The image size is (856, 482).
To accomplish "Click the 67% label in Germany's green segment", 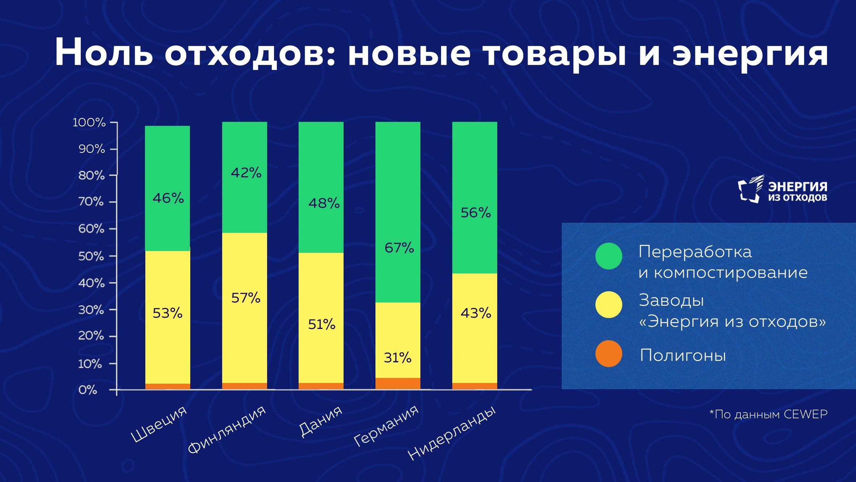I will [x=399, y=248].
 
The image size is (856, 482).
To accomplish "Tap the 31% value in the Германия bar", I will [x=398, y=358].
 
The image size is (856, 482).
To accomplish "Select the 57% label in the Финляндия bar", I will [x=246, y=298].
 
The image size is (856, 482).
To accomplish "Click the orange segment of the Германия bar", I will [x=398, y=383].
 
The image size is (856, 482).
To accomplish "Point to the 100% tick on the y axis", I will [x=89, y=123].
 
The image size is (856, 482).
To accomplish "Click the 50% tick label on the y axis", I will [x=91, y=256].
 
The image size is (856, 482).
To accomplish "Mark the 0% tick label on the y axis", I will [x=88, y=390].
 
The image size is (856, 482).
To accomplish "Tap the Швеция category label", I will [x=159, y=424].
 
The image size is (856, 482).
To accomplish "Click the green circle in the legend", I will [x=608, y=256].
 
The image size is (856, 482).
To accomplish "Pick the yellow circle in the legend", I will [x=608, y=305].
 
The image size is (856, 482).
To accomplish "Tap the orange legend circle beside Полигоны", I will [x=608, y=354].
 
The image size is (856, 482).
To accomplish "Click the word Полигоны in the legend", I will [x=683, y=355].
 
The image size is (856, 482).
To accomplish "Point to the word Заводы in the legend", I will [x=671, y=301].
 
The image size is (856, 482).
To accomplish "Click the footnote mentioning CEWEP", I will [x=768, y=414].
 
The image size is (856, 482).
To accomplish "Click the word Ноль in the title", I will [x=104, y=53].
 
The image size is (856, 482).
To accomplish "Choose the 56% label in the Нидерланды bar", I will [x=475, y=213].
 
